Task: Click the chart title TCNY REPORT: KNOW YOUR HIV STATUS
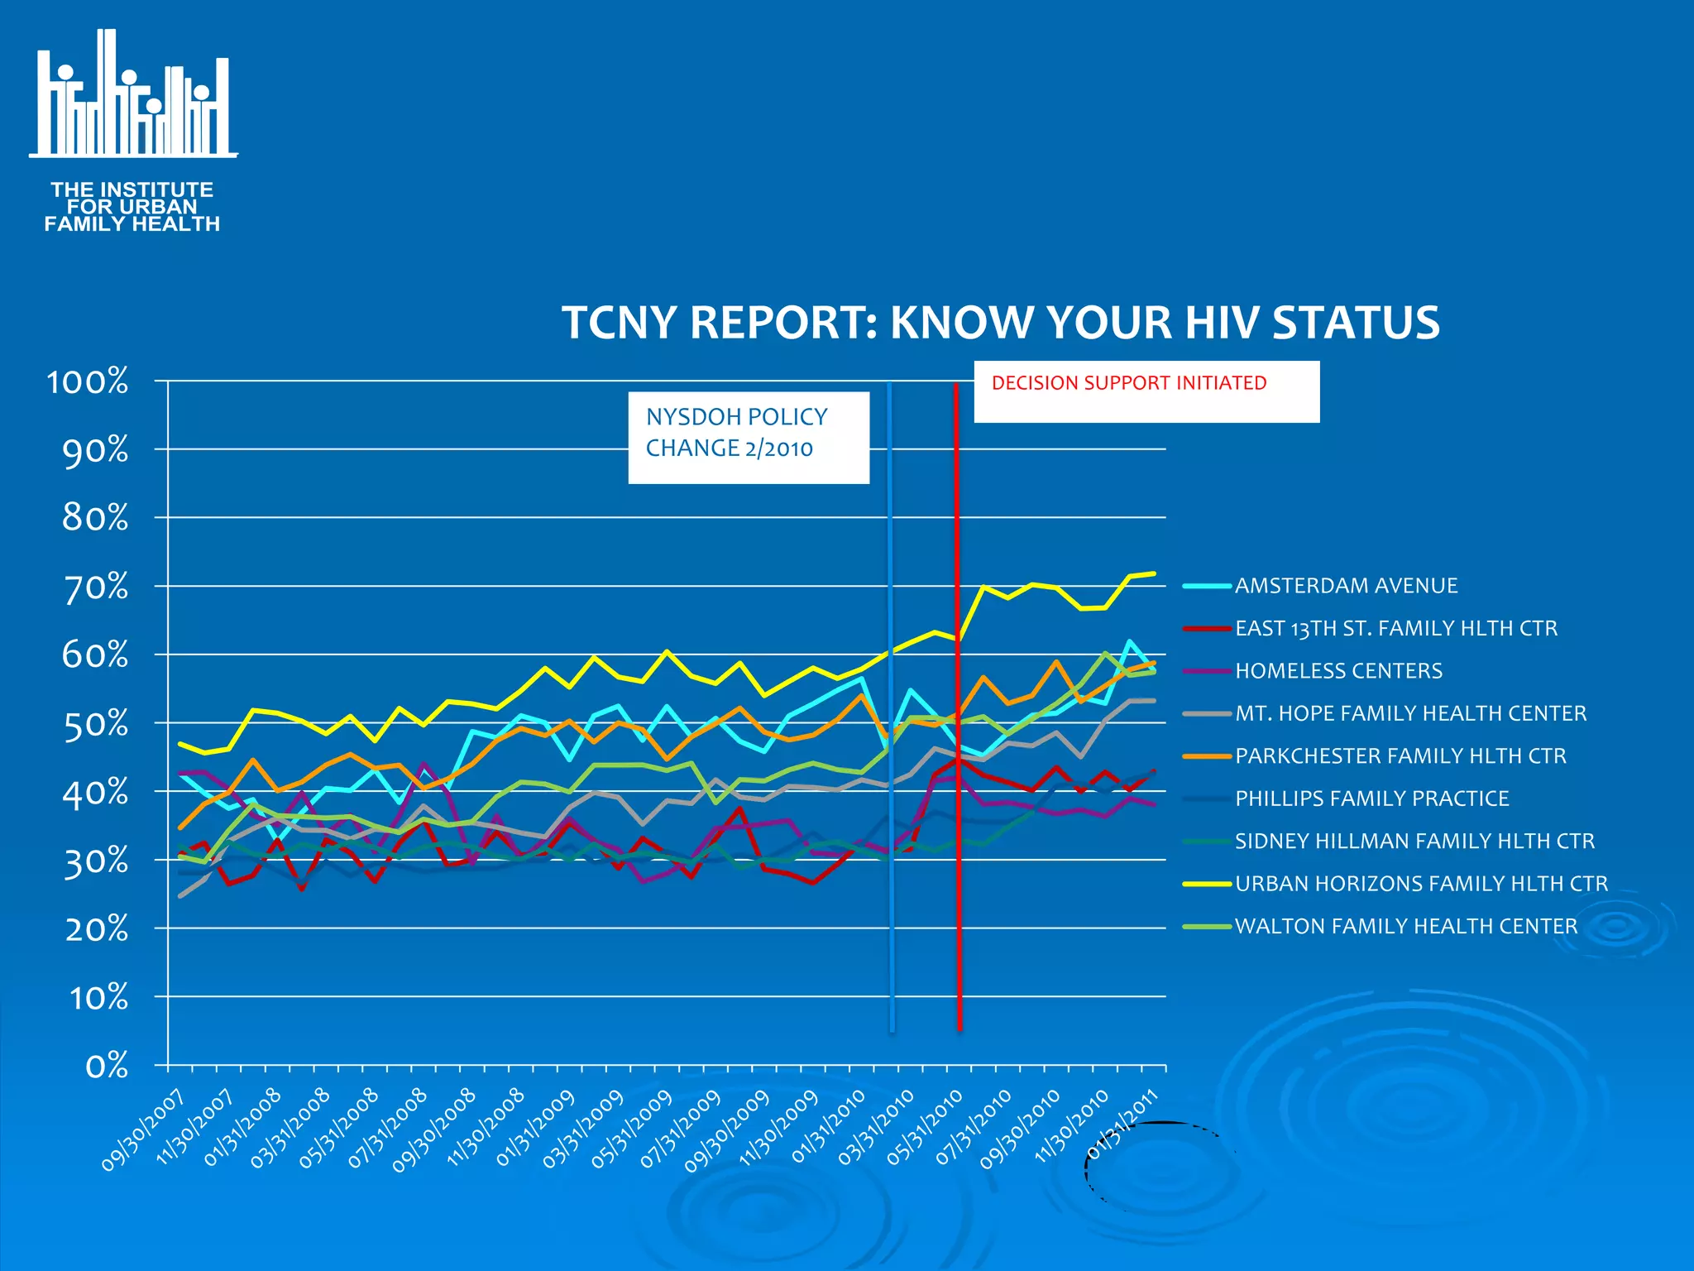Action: tap(1000, 322)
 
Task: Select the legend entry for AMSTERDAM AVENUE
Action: tap(1345, 586)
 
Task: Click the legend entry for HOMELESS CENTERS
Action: tap(1337, 671)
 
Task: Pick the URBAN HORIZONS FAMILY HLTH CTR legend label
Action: tap(1420, 884)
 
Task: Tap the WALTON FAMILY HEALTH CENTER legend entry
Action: tap(1405, 926)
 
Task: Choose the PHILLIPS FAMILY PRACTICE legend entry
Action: tap(1371, 799)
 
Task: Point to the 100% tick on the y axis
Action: tap(88, 382)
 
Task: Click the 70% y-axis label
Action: tap(96, 587)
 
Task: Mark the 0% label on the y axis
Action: tap(107, 1066)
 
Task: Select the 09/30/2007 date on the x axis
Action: tap(145, 1131)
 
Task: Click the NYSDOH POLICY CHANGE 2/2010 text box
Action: tap(748, 437)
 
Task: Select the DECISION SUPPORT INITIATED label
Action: tap(1128, 383)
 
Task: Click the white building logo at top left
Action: tap(132, 95)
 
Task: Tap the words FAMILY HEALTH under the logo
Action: tap(132, 224)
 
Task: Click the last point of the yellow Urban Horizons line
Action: tap(1153, 573)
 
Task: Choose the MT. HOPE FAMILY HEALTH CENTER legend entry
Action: tap(1410, 713)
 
